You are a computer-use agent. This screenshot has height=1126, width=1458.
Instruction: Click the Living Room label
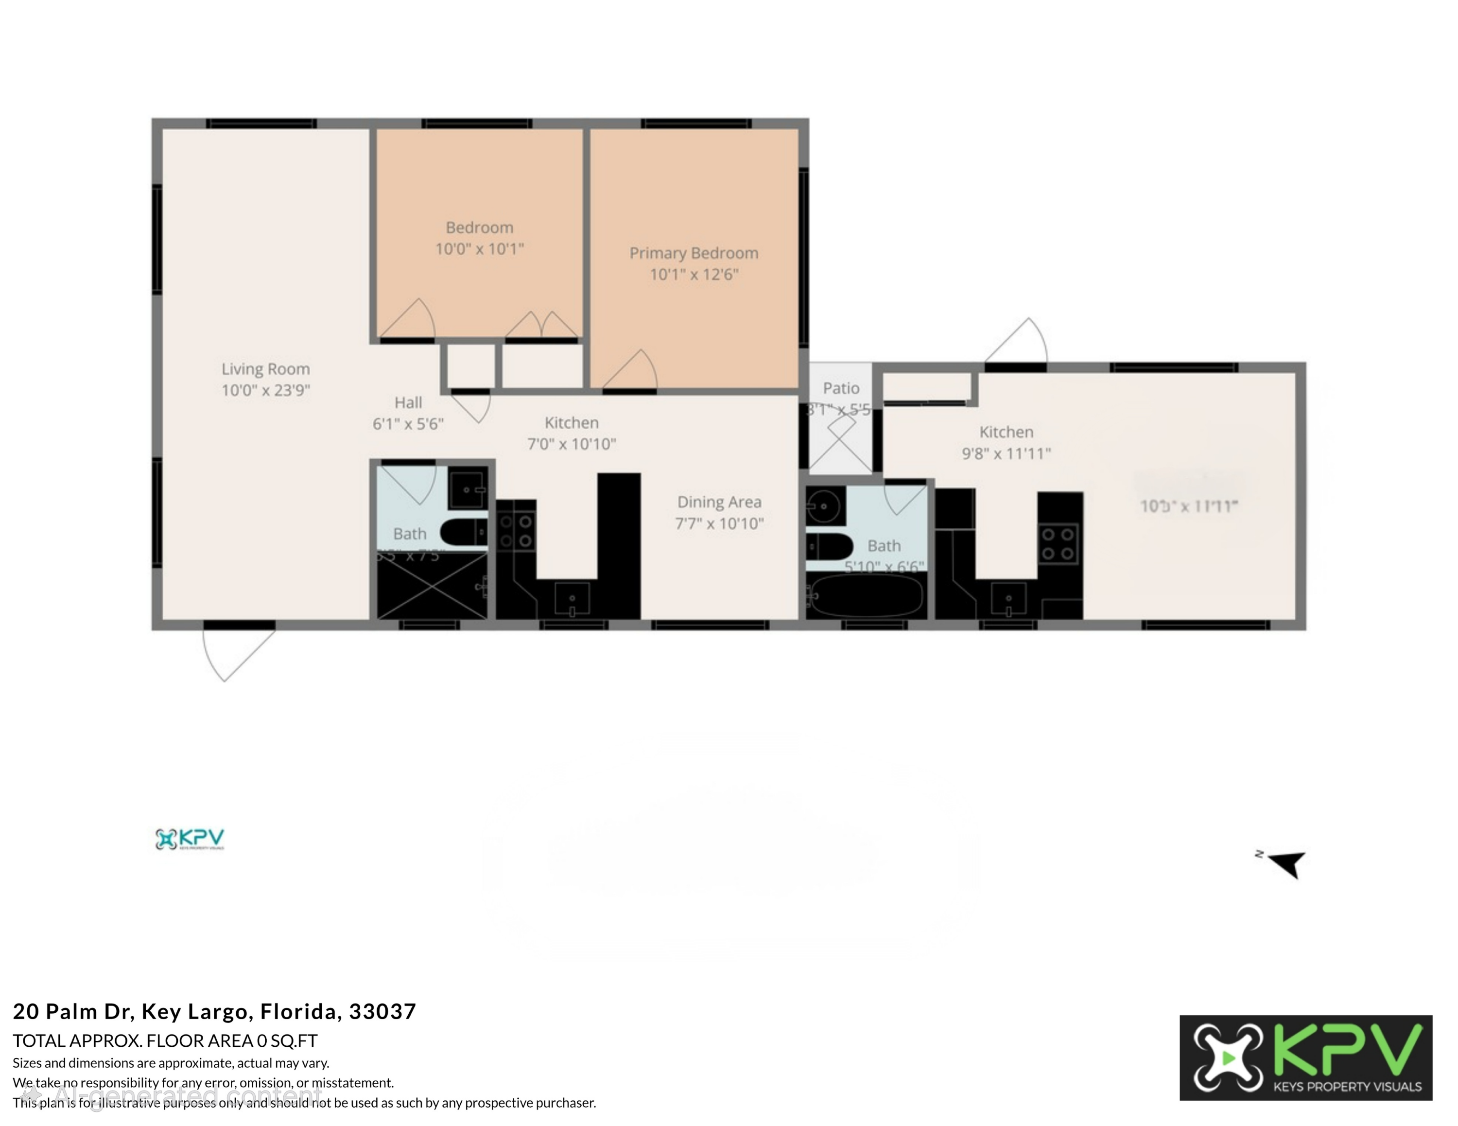pos(266,369)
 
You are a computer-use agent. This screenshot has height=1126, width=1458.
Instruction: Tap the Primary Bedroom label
pos(694,254)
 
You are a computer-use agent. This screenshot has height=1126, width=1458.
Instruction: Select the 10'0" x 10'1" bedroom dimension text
pos(479,249)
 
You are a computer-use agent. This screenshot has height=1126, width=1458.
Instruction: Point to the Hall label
pos(408,402)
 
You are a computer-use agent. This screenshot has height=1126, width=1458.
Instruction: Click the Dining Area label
pos(719,502)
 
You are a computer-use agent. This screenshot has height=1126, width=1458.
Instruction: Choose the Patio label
pos(840,388)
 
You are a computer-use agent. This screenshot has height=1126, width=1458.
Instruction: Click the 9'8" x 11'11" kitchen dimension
pos(1006,454)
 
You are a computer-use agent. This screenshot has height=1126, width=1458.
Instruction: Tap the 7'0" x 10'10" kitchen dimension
pos(572,444)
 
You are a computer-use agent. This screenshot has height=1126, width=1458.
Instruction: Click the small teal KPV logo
pos(190,839)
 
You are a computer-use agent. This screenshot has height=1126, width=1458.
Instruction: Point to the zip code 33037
pos(382,1011)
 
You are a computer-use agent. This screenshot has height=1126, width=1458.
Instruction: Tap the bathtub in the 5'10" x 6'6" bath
pos(866,594)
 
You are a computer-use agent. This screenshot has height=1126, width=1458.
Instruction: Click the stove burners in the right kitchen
pos(1058,543)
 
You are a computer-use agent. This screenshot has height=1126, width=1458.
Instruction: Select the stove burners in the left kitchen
pos(516,531)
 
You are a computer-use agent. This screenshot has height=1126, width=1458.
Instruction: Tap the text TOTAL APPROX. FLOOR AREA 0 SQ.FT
pos(165,1040)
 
